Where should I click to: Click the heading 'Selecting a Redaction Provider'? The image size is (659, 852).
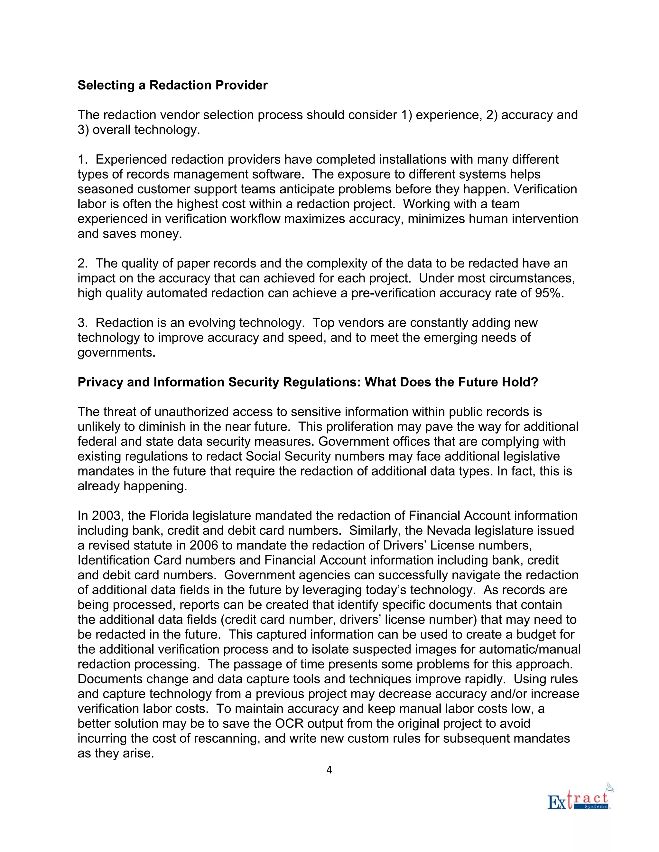tap(172, 85)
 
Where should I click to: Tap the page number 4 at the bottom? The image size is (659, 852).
tap(329, 777)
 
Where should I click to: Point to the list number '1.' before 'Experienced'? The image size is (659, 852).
tap(82, 159)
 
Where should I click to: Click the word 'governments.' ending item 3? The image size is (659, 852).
tap(116, 352)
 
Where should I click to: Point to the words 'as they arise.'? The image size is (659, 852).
tap(116, 753)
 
